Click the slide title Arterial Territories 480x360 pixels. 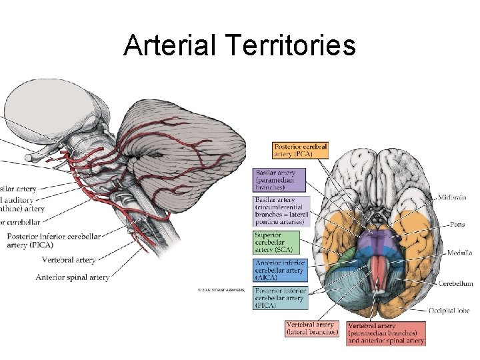(x=239, y=45)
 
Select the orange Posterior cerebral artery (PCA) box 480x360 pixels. (x=301, y=150)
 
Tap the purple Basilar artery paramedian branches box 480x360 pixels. (x=279, y=180)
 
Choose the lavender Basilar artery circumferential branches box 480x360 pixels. (x=281, y=211)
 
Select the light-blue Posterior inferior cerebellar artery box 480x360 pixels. (x=280, y=297)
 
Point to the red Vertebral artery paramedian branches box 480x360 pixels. (x=385, y=333)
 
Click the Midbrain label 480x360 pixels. (x=453, y=198)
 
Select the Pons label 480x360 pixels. (x=457, y=225)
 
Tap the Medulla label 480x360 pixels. (x=458, y=253)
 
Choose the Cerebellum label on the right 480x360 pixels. (x=455, y=283)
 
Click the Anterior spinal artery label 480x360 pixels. (x=72, y=277)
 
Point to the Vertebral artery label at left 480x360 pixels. (x=69, y=260)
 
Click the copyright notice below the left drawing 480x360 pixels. (x=221, y=290)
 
